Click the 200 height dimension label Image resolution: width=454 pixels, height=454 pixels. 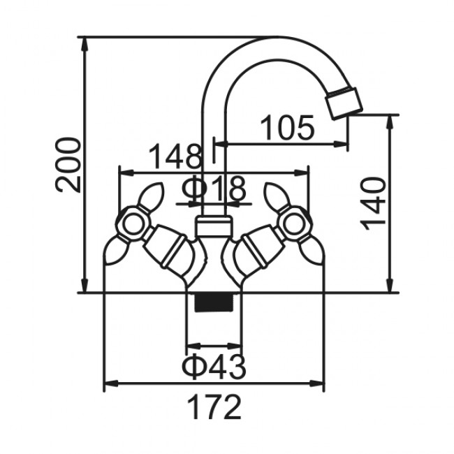(x=68, y=165)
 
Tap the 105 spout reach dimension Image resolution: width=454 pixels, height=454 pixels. (x=287, y=128)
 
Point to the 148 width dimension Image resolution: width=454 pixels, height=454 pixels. (x=175, y=156)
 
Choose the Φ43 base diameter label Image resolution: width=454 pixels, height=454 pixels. (x=214, y=366)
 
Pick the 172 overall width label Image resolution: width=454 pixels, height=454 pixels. (x=214, y=407)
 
